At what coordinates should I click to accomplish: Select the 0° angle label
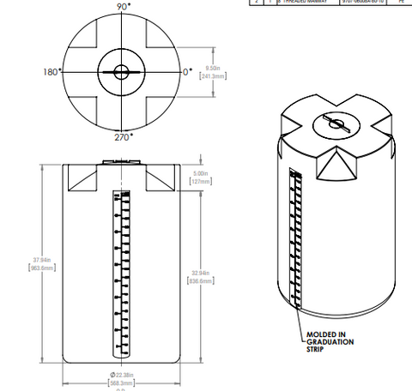(x=187, y=72)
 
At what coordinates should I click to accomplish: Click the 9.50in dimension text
(x=212, y=67)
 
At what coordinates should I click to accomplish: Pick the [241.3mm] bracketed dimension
(x=212, y=76)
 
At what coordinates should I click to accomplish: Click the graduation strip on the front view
(x=120, y=274)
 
